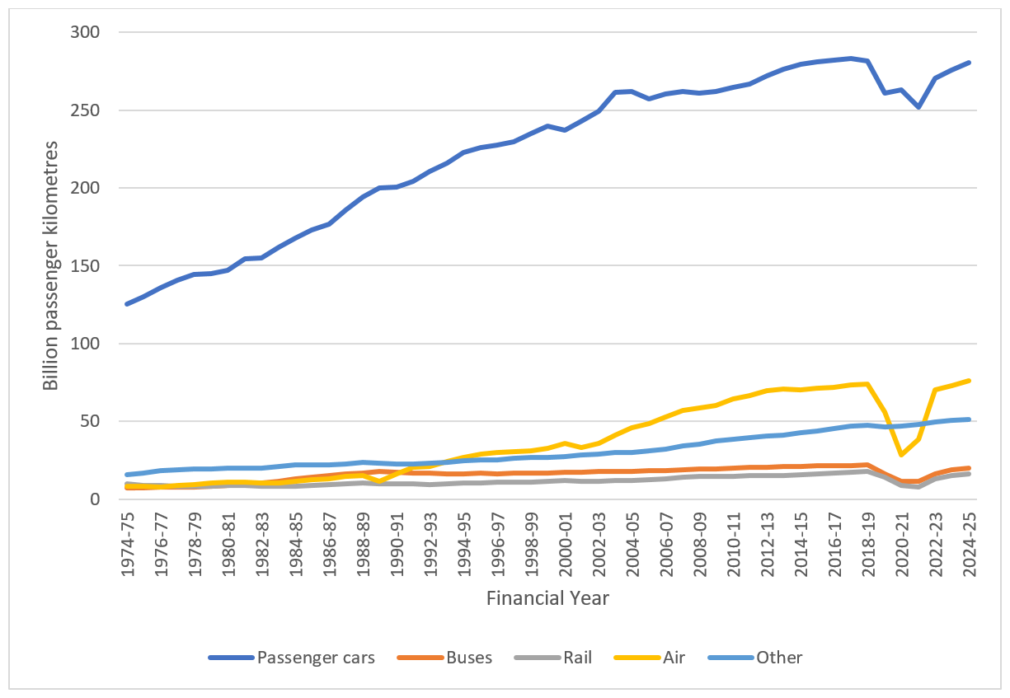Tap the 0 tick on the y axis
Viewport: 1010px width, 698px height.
coord(95,499)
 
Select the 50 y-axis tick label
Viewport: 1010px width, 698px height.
coord(91,422)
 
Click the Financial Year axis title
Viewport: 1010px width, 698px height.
coord(547,597)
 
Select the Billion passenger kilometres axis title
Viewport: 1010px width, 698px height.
coord(51,265)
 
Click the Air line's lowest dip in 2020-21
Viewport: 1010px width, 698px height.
coord(902,455)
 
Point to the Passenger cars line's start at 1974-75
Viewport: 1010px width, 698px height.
coord(127,304)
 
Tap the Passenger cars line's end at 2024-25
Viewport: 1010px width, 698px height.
coord(970,62)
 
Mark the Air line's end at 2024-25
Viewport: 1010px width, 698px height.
coord(970,380)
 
